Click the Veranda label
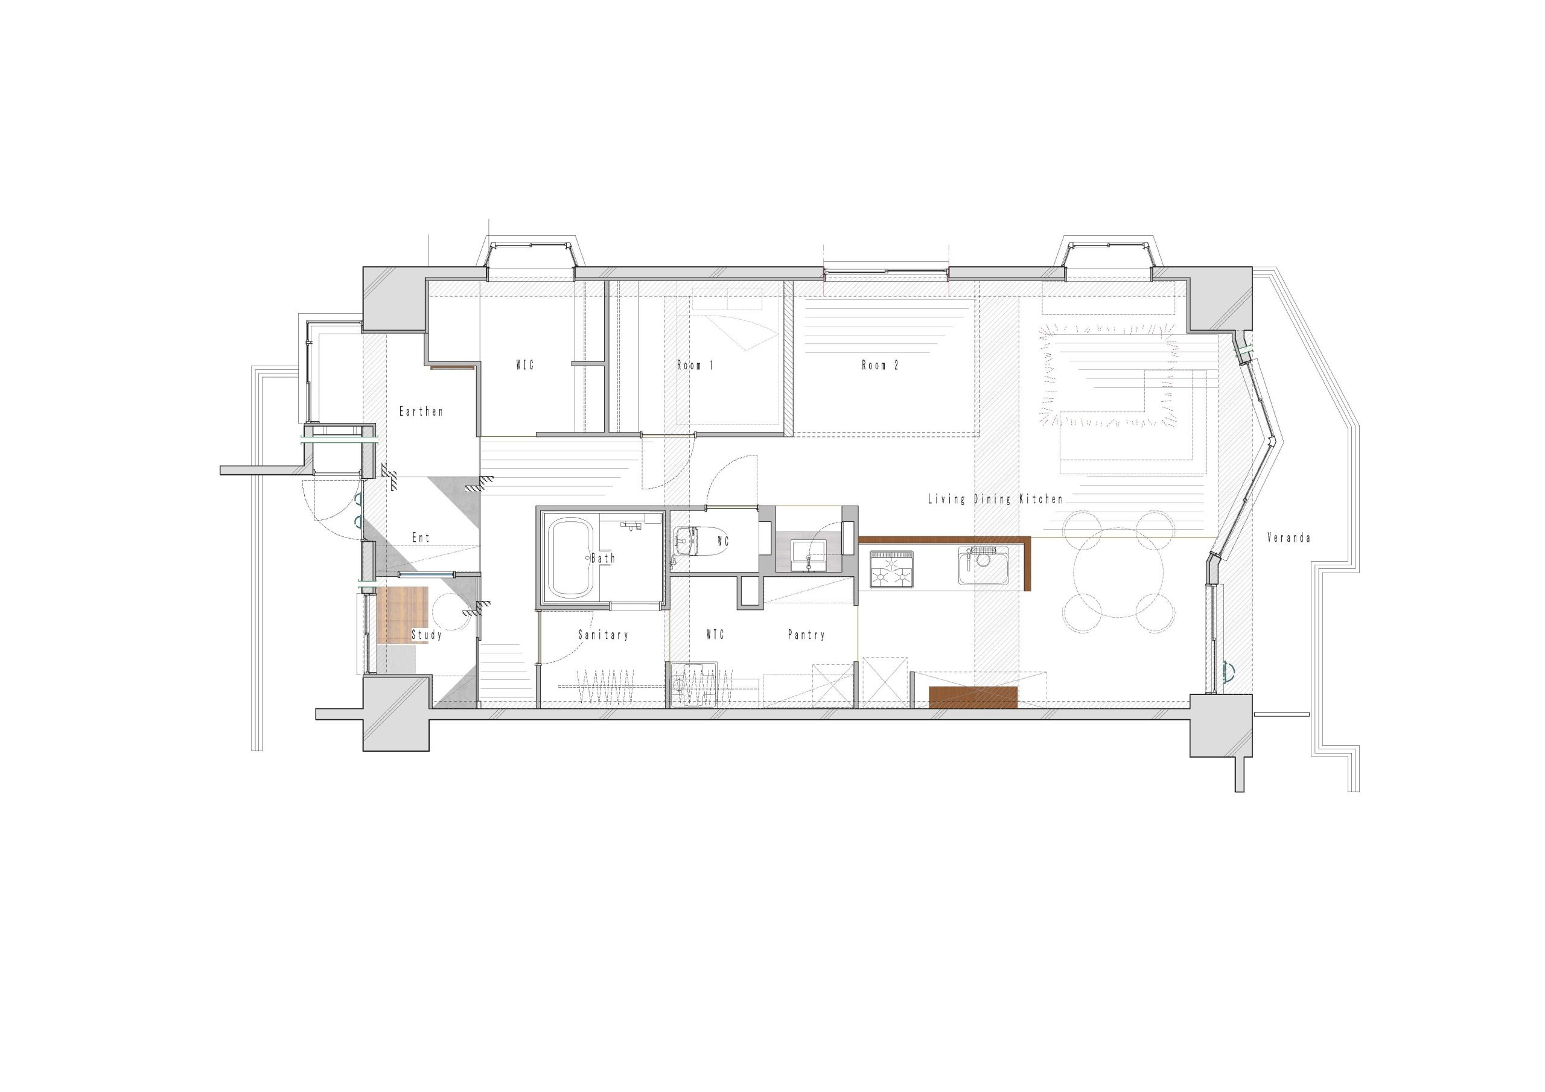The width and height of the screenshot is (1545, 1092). (x=1289, y=538)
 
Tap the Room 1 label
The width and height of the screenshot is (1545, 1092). (x=695, y=366)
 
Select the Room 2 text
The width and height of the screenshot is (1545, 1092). (x=880, y=366)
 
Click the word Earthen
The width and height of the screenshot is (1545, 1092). (x=421, y=411)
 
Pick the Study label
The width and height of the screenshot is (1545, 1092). (x=427, y=635)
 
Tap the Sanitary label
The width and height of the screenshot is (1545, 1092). (x=603, y=635)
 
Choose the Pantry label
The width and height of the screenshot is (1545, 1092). (x=806, y=635)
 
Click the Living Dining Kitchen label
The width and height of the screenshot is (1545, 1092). (x=995, y=499)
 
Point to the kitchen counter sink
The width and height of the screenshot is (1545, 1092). (x=983, y=566)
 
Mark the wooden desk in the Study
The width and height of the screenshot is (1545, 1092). (x=404, y=615)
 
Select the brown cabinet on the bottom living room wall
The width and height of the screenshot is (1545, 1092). (x=973, y=697)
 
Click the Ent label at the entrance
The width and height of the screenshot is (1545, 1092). (x=421, y=538)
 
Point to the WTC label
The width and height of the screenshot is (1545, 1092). (x=715, y=635)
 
